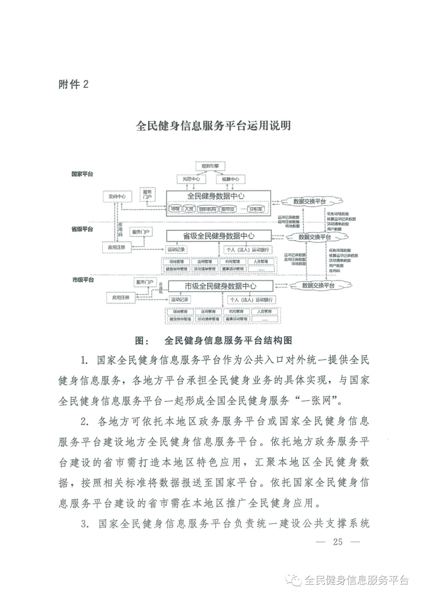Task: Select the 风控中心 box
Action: tap(191, 179)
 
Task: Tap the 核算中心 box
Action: tap(230, 179)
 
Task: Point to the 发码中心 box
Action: tap(117, 196)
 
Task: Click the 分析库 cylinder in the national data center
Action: tap(256, 209)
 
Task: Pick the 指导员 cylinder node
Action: tap(228, 209)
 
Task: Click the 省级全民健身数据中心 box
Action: tap(219, 236)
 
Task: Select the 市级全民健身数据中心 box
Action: tap(220, 286)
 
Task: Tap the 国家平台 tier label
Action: tap(82, 174)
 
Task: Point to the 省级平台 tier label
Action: tap(82, 229)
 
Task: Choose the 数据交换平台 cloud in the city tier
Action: tap(318, 285)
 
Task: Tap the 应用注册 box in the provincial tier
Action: tap(116, 247)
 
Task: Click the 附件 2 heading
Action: tap(74, 84)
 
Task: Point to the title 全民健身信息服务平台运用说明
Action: tap(213, 125)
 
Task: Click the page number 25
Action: tap(337, 542)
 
